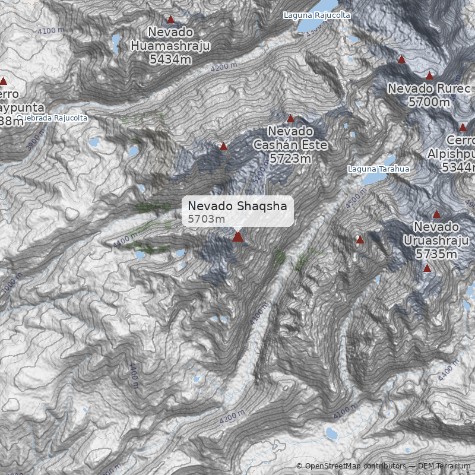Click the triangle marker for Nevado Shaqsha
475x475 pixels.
pyautogui.click(x=237, y=237)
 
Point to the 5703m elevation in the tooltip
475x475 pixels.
pyautogui.click(x=207, y=219)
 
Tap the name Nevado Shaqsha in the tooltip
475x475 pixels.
pyautogui.click(x=237, y=206)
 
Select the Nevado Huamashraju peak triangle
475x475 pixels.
pyautogui.click(x=171, y=20)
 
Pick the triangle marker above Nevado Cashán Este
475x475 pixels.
pyautogui.click(x=290, y=119)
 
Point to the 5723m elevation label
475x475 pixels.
pyautogui.click(x=290, y=159)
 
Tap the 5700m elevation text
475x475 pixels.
pyautogui.click(x=429, y=102)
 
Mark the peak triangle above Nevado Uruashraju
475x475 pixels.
pyautogui.click(x=436, y=214)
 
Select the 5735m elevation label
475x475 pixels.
pyautogui.click(x=436, y=254)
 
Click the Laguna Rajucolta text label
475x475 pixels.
pyautogui.click(x=316, y=15)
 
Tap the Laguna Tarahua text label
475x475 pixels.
pyautogui.click(x=379, y=169)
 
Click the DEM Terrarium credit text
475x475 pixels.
pyautogui.click(x=444, y=467)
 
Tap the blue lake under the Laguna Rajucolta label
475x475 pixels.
pyautogui.click(x=312, y=25)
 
